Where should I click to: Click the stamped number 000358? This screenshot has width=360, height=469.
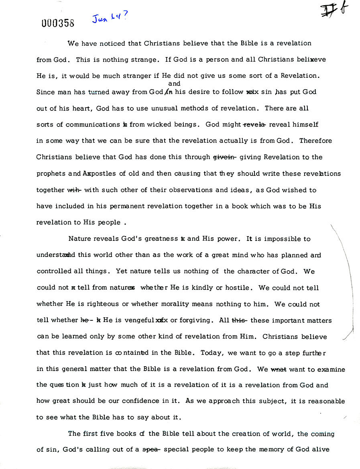(58, 23)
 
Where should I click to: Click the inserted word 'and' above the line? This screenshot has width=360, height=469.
(174, 84)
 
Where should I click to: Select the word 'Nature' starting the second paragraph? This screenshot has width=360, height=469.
(79, 239)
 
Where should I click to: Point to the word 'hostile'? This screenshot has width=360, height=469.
(238, 288)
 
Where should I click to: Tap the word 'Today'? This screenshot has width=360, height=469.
(215, 353)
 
